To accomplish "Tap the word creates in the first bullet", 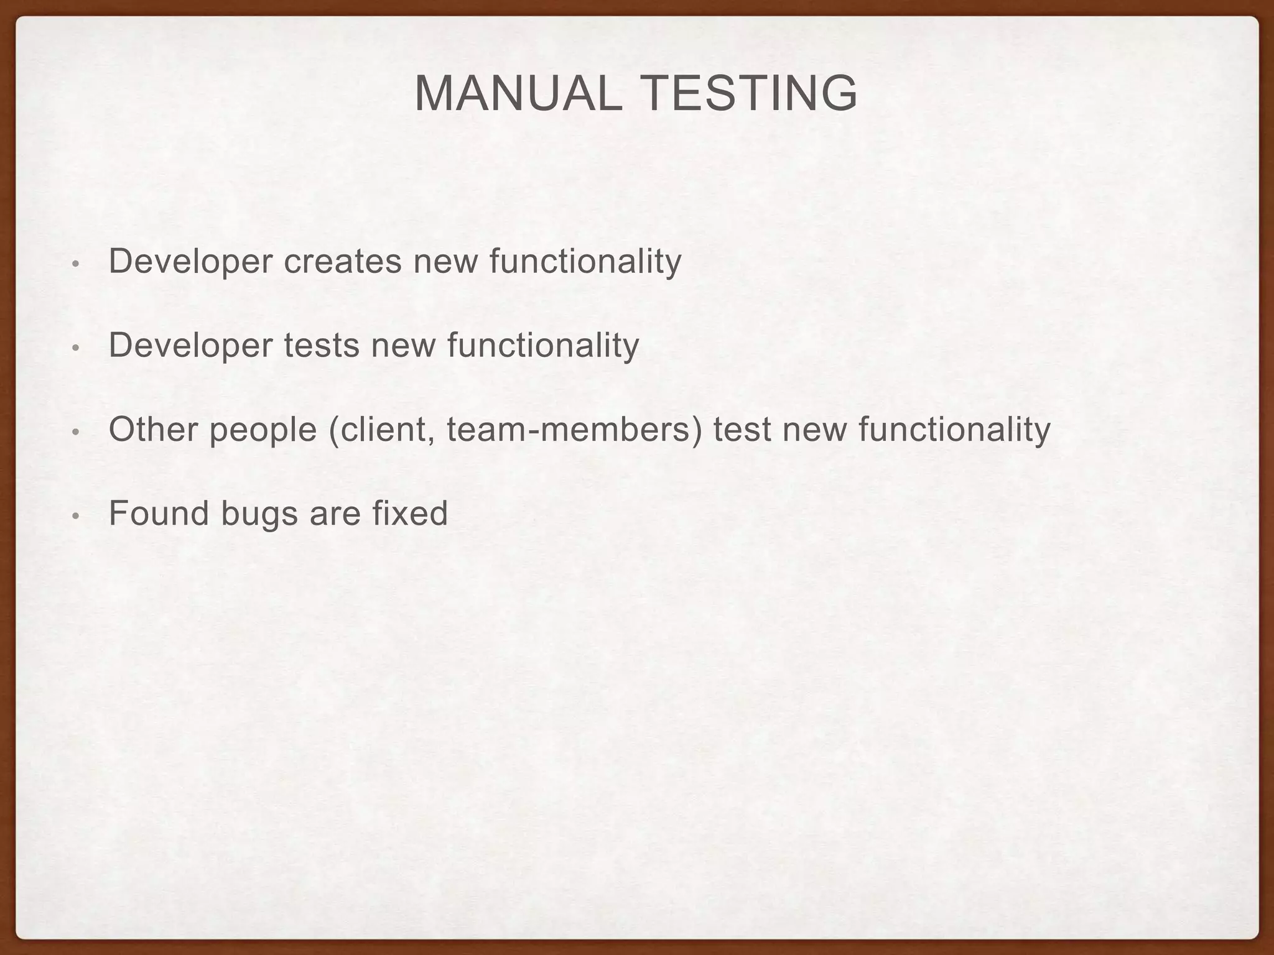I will tap(343, 261).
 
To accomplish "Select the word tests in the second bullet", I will tap(322, 345).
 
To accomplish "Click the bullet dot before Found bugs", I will tap(75, 516).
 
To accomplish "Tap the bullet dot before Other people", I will tap(75, 432).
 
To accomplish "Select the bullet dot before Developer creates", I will tap(75, 264).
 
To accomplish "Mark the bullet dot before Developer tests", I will tap(75, 348).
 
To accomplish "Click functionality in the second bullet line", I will tap(542, 345).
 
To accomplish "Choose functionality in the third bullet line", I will tap(954, 429).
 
